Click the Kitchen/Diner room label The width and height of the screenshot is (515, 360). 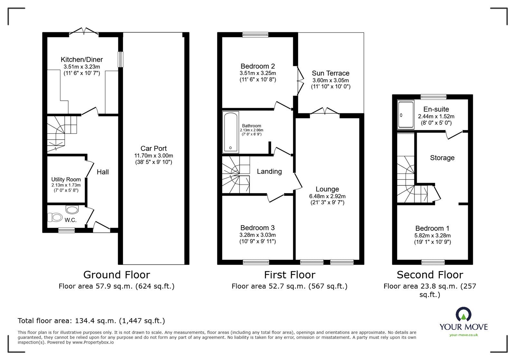[x=82, y=60]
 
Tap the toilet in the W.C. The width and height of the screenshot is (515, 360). [x=55, y=217]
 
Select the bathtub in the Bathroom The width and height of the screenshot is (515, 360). [x=230, y=132]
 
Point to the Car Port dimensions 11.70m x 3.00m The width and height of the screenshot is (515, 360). [x=154, y=155]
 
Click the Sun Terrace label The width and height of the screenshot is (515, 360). [x=330, y=73]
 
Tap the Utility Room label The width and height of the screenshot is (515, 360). [x=66, y=180]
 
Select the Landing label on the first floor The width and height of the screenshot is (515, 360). [x=269, y=171]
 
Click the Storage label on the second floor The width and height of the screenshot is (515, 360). [x=442, y=158]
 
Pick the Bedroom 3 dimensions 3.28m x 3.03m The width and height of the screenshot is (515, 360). [x=257, y=235]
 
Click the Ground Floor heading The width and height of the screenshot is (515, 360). [x=117, y=275]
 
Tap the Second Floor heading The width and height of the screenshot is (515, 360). [x=430, y=275]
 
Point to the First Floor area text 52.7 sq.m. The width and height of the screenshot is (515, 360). [x=289, y=286]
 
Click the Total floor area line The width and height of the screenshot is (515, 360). [x=91, y=321]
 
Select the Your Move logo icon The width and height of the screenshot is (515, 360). [x=464, y=314]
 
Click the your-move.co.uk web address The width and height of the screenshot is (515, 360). [x=464, y=335]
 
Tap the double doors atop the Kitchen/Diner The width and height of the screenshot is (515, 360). [x=84, y=31]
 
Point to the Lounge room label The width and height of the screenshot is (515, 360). [x=327, y=189]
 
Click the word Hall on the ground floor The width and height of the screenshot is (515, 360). [x=103, y=172]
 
